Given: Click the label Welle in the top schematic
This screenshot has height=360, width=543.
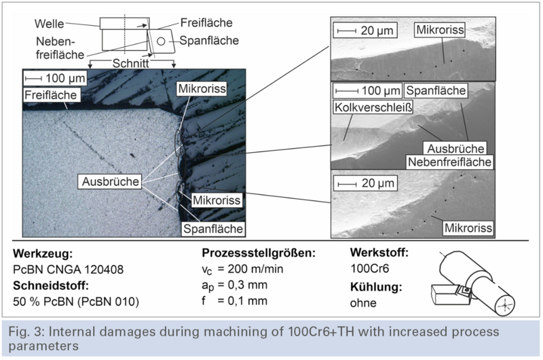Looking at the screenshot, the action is pyautogui.click(x=49, y=24).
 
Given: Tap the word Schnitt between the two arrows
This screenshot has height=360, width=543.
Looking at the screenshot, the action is pyautogui.click(x=130, y=63).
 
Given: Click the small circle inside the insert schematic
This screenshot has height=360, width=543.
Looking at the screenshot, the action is pyautogui.click(x=161, y=41).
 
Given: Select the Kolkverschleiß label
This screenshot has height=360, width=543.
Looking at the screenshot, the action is pyautogui.click(x=373, y=107).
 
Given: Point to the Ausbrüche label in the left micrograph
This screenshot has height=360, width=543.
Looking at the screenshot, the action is pyautogui.click(x=111, y=181).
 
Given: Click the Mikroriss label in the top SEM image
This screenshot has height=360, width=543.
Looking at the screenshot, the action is pyautogui.click(x=440, y=30).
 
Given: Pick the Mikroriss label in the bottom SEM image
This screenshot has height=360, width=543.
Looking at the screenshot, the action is pyautogui.click(x=468, y=228).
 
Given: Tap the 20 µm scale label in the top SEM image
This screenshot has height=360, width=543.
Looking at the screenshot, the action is pyautogui.click(x=377, y=31).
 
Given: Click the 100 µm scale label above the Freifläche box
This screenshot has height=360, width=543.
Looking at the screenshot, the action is pyautogui.click(x=65, y=78).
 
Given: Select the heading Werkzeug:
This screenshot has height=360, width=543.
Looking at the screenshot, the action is pyautogui.click(x=43, y=254).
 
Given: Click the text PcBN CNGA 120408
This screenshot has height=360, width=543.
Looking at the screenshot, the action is pyautogui.click(x=69, y=270).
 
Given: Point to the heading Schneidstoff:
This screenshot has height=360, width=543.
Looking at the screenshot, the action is pyautogui.click(x=51, y=286).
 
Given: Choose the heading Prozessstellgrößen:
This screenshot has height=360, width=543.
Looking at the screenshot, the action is pyautogui.click(x=259, y=253).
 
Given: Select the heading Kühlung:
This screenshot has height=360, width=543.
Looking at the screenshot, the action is pyautogui.click(x=376, y=287).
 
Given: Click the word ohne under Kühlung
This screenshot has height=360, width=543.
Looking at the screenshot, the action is pyautogui.click(x=363, y=303).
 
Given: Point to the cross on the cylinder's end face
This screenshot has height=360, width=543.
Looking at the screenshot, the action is pyautogui.click(x=505, y=306).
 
